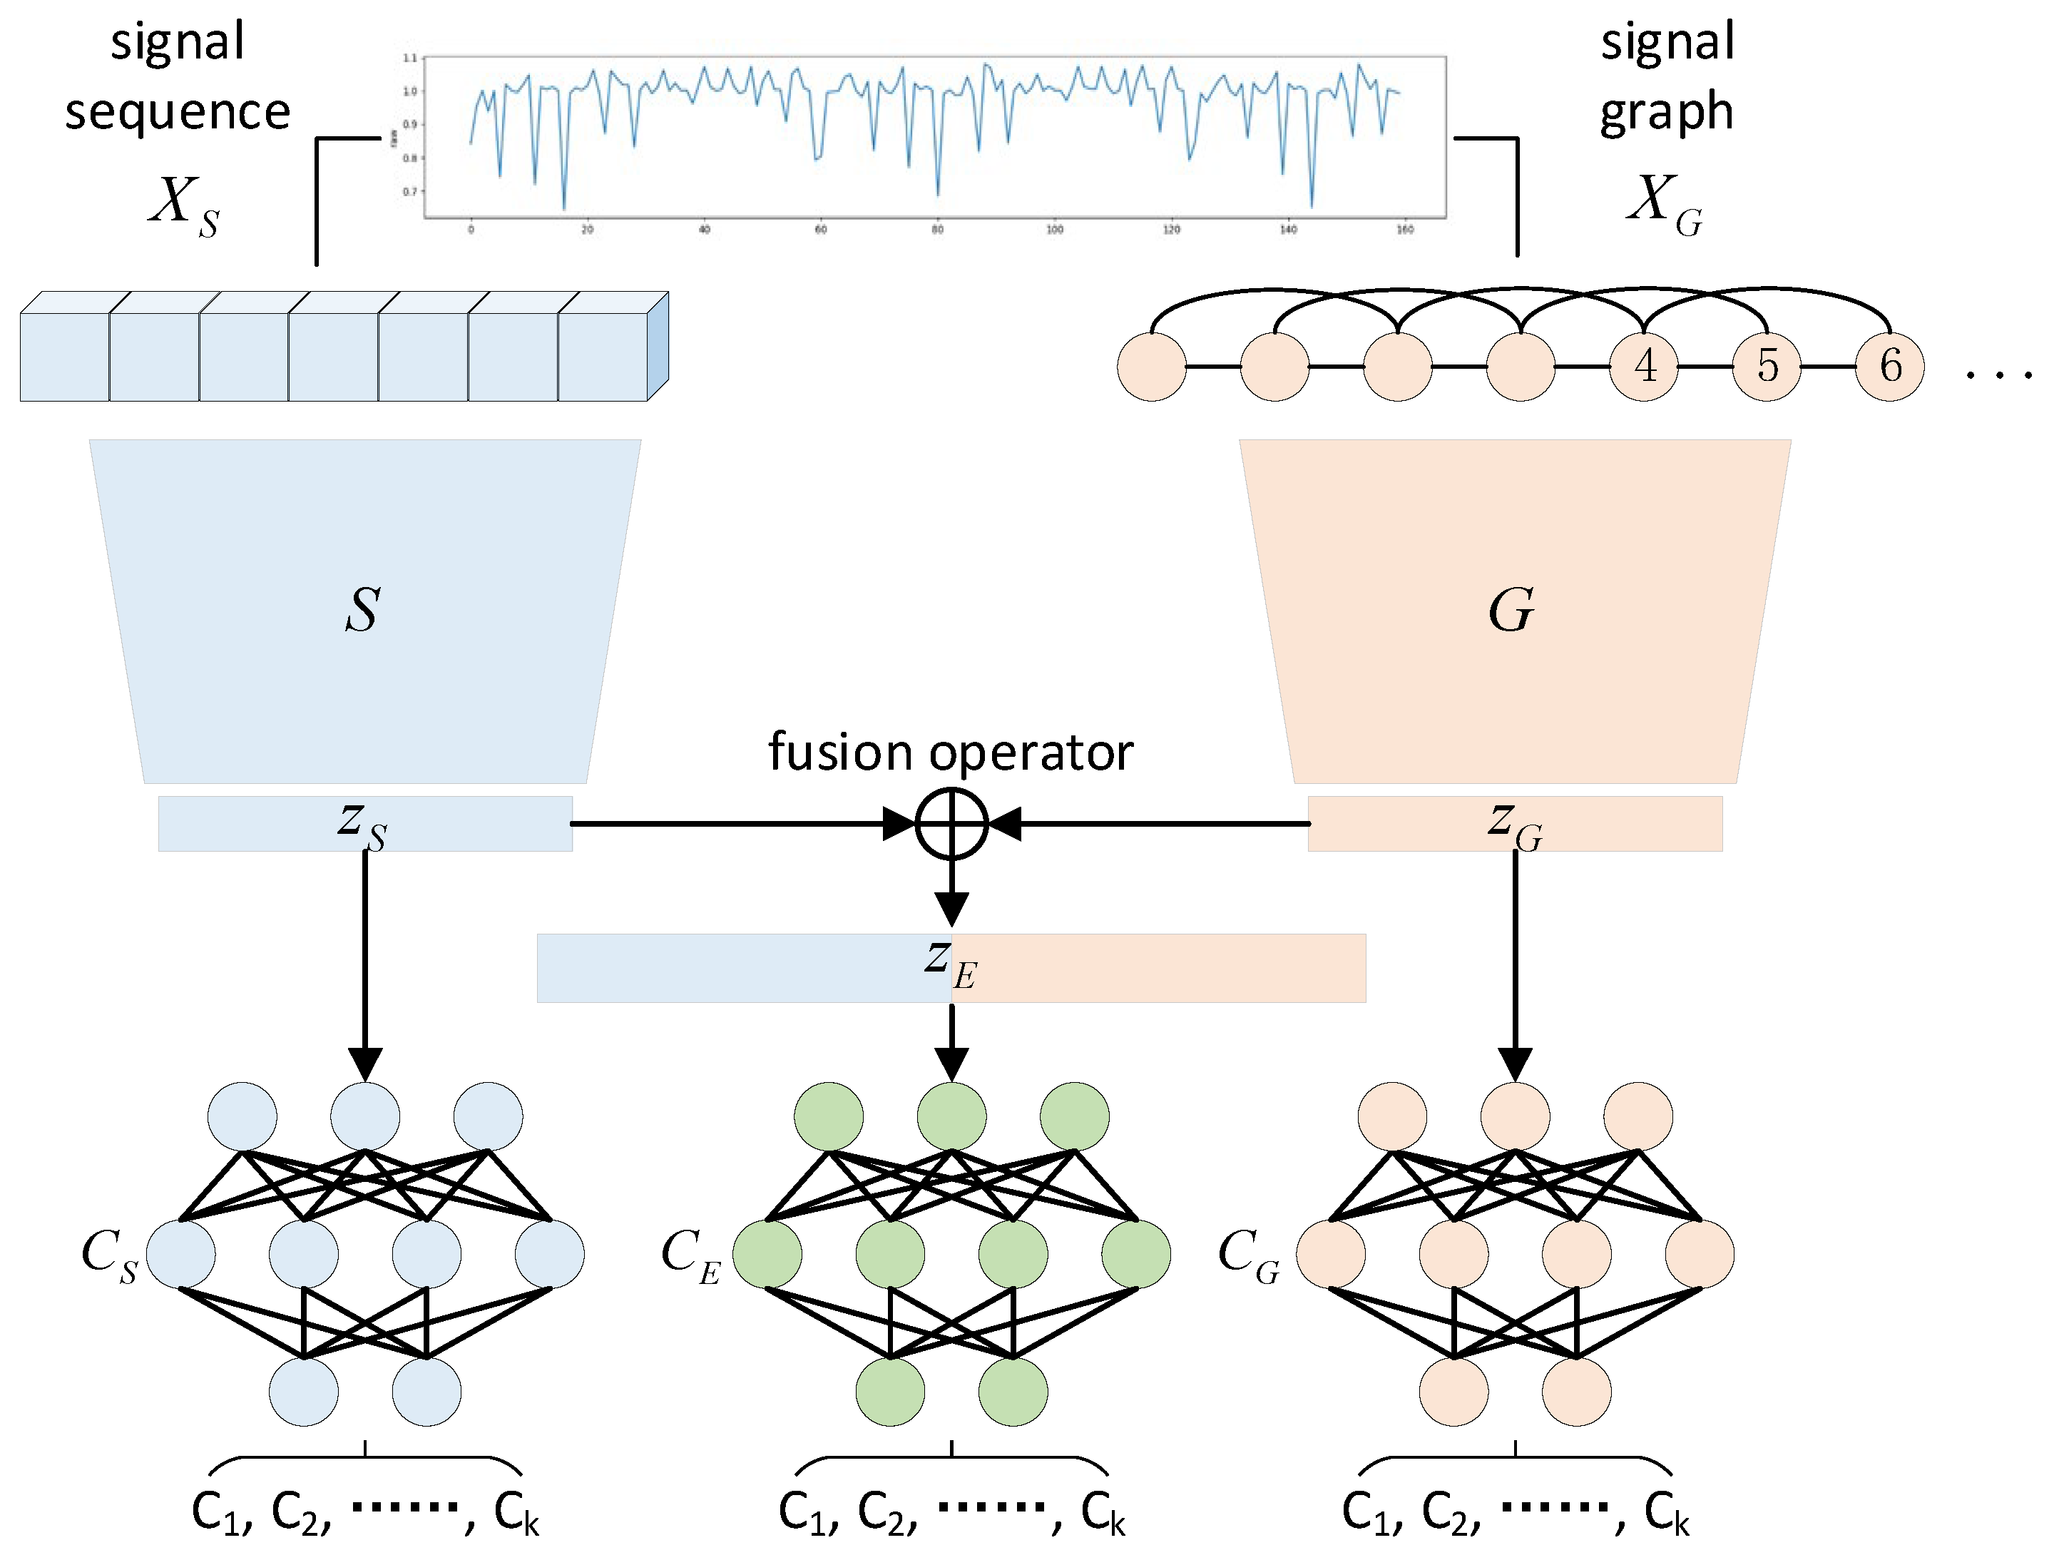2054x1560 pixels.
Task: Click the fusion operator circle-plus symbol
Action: pos(951,824)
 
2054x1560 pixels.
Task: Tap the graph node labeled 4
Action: pos(1644,366)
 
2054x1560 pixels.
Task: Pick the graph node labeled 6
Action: pos(1890,366)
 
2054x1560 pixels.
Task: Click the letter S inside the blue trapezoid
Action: pos(363,610)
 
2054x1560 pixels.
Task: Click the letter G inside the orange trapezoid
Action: pos(1511,610)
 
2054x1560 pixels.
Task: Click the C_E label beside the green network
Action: pos(690,1255)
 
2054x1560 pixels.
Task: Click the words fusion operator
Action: pos(951,751)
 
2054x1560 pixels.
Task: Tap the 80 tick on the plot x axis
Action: pos(937,230)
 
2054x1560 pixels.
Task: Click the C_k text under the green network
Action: pos(1102,1513)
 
